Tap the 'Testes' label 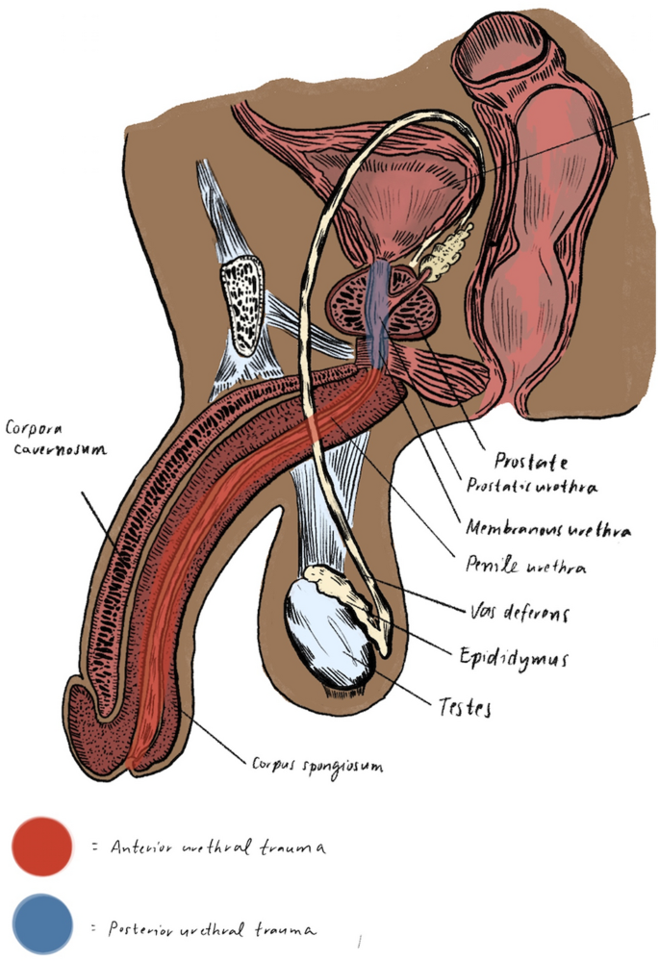(460, 709)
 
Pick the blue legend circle (42, 924)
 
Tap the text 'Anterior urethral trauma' (217, 847)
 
